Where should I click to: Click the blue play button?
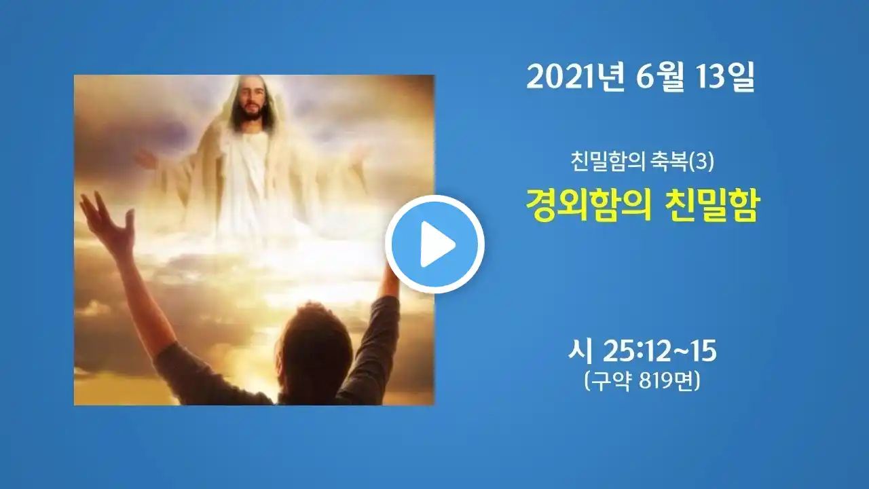[435, 244]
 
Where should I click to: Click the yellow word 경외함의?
[588, 206]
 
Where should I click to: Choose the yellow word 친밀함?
[711, 206]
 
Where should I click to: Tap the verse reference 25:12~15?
[659, 352]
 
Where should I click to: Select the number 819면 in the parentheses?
[669, 382]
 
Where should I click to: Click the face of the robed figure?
[251, 99]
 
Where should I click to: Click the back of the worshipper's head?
[316, 349]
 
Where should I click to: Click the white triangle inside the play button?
[437, 244]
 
